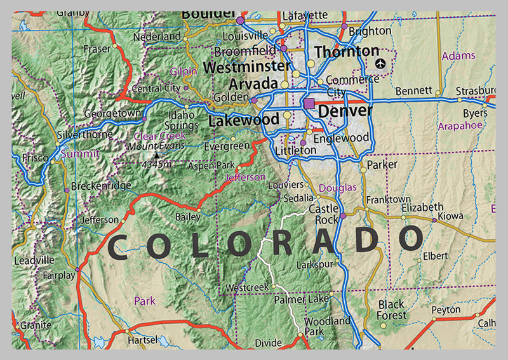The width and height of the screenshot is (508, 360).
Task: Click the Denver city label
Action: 345,111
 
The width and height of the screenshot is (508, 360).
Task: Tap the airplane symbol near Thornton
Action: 380,63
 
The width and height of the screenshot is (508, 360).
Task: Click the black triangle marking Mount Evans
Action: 157,154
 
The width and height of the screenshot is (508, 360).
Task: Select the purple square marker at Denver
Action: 309,103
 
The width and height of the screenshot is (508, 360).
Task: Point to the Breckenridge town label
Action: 101,186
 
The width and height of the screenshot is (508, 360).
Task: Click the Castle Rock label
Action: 323,214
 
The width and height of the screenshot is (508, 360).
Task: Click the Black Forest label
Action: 391,310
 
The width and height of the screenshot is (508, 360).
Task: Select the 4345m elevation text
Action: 156,164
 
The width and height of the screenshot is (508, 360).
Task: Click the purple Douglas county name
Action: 337,188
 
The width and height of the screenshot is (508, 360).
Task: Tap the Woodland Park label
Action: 326,326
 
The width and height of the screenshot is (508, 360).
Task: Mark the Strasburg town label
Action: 476,91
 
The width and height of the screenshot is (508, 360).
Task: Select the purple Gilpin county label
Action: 184,72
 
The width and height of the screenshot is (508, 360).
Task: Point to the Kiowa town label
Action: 451,217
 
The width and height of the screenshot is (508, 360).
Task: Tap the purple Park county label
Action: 144,300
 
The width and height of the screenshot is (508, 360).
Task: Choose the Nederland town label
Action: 158,37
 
